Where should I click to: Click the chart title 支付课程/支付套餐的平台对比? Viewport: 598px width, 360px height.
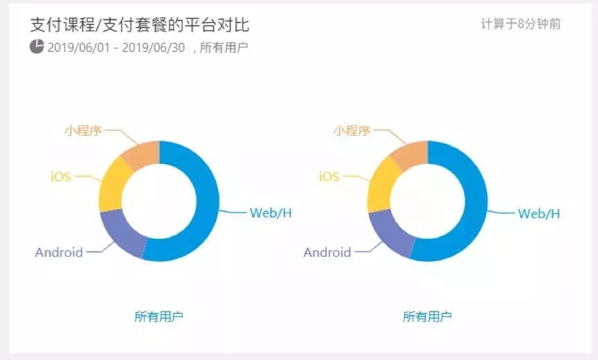pyautogui.click(x=140, y=25)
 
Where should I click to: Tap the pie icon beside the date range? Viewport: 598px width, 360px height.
pyautogui.click(x=37, y=46)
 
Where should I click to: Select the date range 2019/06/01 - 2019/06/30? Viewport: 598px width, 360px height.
pyautogui.click(x=116, y=48)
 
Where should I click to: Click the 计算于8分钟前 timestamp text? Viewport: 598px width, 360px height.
pyautogui.click(x=520, y=24)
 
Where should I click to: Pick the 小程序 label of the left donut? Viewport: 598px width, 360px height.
pyautogui.click(x=84, y=131)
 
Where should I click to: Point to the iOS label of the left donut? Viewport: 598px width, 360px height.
pyautogui.click(x=61, y=177)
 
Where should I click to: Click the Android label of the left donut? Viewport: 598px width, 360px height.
pyautogui.click(x=59, y=252)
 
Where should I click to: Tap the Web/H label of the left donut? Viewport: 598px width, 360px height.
pyautogui.click(x=271, y=213)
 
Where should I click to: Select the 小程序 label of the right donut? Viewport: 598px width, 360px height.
pyautogui.click(x=352, y=131)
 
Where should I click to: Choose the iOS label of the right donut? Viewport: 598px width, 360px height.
pyautogui.click(x=329, y=177)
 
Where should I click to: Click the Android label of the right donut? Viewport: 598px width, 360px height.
pyautogui.click(x=327, y=252)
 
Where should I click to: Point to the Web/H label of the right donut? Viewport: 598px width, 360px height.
pyautogui.click(x=539, y=213)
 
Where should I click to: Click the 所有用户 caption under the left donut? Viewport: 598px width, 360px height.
pyautogui.click(x=158, y=316)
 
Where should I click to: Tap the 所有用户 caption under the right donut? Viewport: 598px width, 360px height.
pyautogui.click(x=427, y=316)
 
